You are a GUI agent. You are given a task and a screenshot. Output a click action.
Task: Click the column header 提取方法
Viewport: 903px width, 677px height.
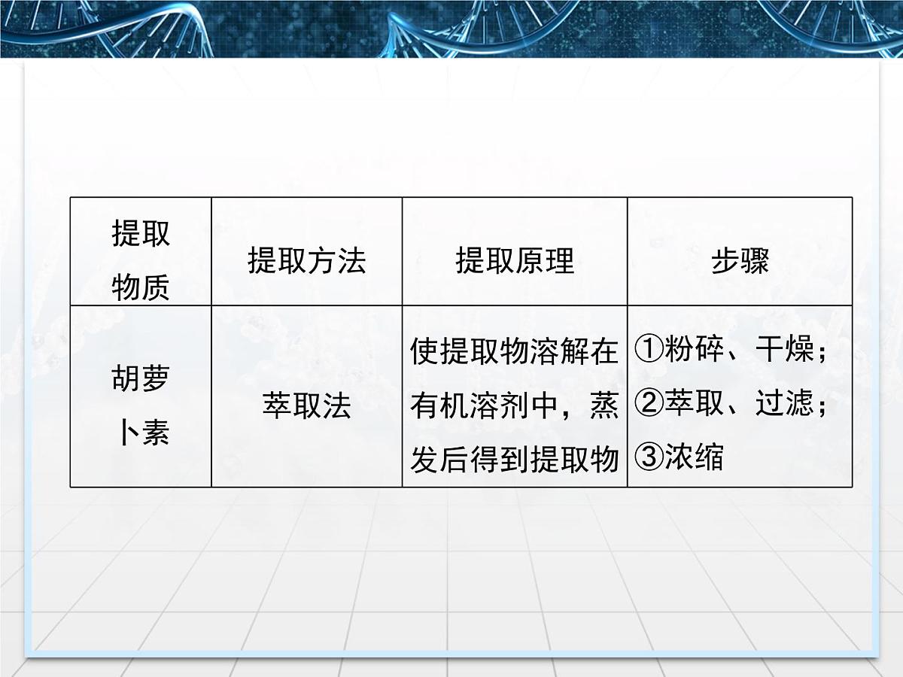coord(306,261)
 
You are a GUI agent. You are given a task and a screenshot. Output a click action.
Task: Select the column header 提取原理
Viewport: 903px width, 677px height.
coord(515,261)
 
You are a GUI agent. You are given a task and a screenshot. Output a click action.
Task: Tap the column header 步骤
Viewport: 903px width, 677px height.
coord(740,261)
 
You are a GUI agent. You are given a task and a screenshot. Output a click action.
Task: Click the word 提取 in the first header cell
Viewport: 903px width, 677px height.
coord(141,235)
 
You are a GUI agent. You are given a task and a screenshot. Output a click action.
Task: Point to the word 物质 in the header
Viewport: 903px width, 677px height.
coord(141,287)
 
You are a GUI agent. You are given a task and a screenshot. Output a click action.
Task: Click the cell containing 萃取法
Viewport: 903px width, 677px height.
coord(306,406)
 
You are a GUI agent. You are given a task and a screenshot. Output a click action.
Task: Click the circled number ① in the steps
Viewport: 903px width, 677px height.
coord(648,351)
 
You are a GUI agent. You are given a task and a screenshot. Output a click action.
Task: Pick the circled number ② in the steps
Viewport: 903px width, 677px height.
coord(648,405)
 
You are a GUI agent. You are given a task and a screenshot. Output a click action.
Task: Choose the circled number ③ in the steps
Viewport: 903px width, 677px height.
coord(648,458)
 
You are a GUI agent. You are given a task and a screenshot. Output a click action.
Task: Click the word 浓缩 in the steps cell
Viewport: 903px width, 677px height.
coord(693,458)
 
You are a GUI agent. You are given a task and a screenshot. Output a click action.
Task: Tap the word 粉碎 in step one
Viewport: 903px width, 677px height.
coord(693,351)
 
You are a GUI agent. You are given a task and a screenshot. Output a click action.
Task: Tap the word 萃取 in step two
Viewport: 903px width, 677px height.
coord(693,405)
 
